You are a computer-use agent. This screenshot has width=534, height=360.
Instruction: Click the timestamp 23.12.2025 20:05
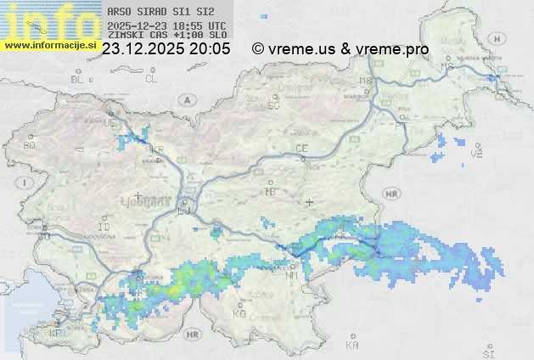coord(166,49)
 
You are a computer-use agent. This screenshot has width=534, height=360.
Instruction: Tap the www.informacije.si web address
coord(48,45)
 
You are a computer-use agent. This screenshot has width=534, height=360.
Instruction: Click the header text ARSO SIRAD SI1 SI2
coord(155,13)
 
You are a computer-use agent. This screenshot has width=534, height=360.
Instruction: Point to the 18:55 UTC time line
coord(167,25)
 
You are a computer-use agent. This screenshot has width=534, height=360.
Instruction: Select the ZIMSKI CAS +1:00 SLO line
coord(167,36)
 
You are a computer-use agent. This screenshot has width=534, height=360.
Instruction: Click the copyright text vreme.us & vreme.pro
coord(340,49)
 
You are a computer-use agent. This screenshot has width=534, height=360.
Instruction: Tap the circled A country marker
coord(185,99)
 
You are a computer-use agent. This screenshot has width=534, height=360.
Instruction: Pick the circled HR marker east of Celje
coord(391,194)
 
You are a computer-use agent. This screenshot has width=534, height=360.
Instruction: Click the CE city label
coord(301,149)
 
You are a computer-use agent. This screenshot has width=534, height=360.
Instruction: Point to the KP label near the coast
coord(56,334)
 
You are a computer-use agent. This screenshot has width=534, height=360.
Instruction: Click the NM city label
coord(292,274)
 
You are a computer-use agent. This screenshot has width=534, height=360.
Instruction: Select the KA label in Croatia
coord(352,346)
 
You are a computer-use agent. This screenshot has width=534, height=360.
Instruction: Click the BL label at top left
coord(78,79)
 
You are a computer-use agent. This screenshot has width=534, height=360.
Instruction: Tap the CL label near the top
coord(151,79)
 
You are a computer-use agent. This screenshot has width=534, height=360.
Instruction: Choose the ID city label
coord(104,228)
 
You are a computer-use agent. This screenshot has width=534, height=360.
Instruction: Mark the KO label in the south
coord(239,313)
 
